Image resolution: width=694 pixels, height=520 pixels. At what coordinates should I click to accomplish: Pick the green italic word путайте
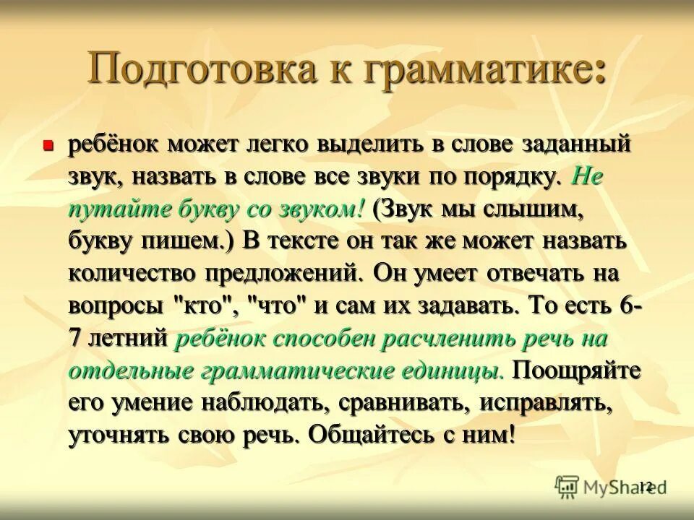(x=116, y=210)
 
